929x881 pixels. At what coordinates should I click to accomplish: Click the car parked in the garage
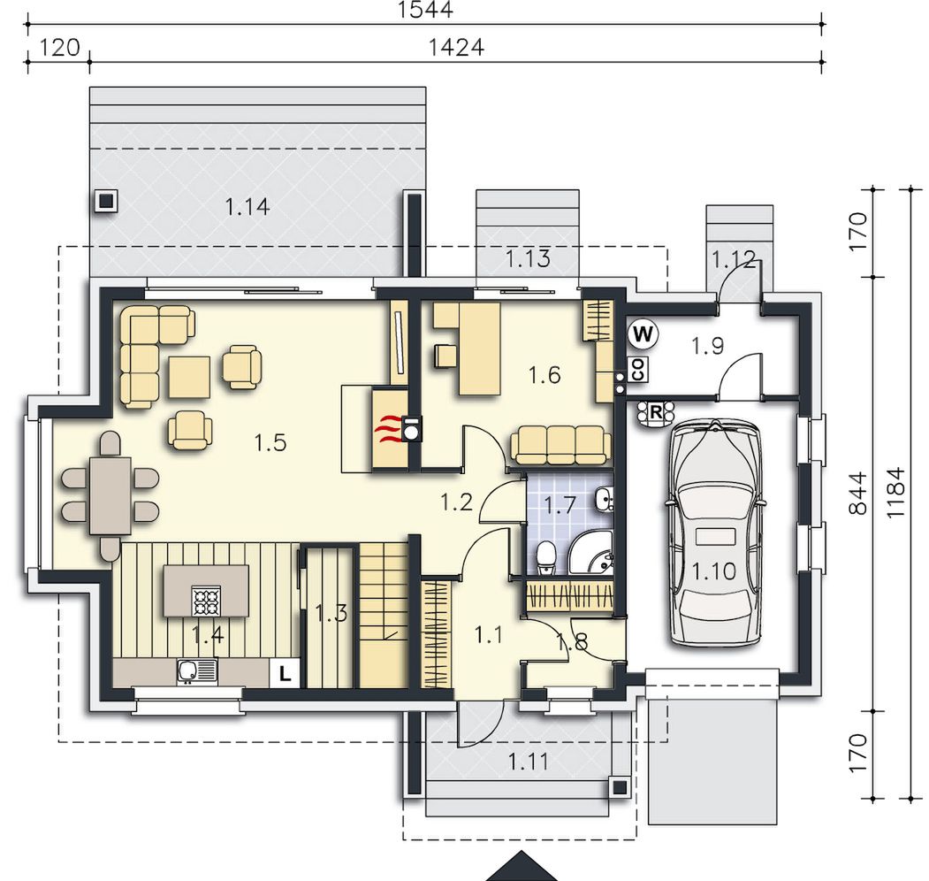click(x=716, y=533)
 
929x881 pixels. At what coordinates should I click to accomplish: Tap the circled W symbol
click(x=643, y=333)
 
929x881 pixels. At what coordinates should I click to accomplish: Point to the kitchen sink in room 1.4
click(x=197, y=671)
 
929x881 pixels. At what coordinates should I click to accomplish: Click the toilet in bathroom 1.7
click(x=545, y=558)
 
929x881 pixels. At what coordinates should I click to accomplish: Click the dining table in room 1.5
click(x=110, y=495)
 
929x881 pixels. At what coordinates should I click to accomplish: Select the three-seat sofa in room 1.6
click(x=560, y=445)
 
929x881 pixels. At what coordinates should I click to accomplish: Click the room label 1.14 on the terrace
click(x=247, y=207)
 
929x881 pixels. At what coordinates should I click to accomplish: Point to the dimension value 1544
click(x=425, y=10)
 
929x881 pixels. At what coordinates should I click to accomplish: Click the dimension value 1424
click(x=455, y=47)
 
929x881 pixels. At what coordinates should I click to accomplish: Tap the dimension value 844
click(x=857, y=494)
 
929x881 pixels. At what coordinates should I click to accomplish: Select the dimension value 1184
click(x=895, y=494)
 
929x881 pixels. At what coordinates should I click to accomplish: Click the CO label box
click(x=637, y=369)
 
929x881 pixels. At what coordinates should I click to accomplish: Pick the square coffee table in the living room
click(x=189, y=377)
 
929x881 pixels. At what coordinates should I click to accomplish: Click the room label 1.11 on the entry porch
click(x=529, y=762)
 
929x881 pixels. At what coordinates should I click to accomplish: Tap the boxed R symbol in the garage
click(x=655, y=411)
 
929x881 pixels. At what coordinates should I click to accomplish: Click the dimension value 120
click(x=60, y=47)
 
